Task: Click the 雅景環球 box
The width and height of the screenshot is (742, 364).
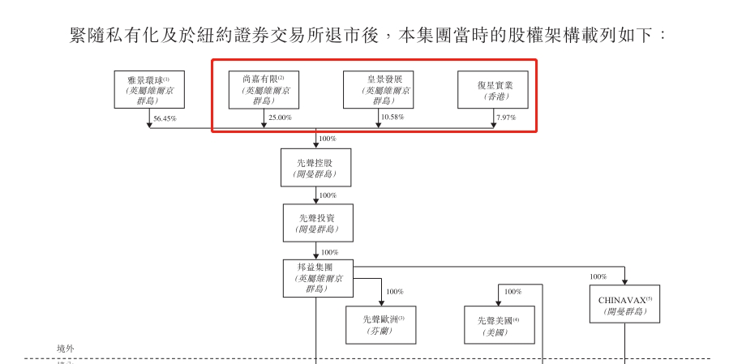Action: (149, 91)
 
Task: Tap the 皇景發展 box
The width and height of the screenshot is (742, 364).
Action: (377, 91)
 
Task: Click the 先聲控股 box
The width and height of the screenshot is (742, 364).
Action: (315, 168)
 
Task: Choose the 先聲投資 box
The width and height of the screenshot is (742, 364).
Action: (315, 223)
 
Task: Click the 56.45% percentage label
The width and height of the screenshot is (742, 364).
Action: (165, 119)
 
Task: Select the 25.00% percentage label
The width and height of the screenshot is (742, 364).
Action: (280, 119)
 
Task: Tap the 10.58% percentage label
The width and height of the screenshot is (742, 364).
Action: (392, 119)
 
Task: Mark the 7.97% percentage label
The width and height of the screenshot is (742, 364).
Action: (506, 119)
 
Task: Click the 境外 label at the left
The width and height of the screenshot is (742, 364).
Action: (67, 348)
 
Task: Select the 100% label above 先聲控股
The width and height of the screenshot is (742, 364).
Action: (328, 139)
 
